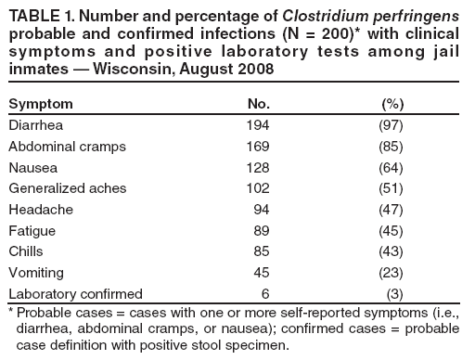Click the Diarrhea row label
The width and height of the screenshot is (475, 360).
pyautogui.click(x=35, y=124)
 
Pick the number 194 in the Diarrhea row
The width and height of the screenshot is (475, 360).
pyautogui.click(x=259, y=124)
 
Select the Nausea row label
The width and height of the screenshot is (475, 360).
pyautogui.click(x=31, y=167)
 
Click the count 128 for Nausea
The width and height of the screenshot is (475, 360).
pyautogui.click(x=259, y=167)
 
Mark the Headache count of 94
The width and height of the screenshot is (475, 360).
pyautogui.click(x=263, y=209)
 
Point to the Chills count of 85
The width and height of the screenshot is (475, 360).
pyautogui.click(x=263, y=251)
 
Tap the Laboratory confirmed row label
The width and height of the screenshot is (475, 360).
pyautogui.click(x=74, y=293)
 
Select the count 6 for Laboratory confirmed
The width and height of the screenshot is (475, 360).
pyautogui.click(x=267, y=293)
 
